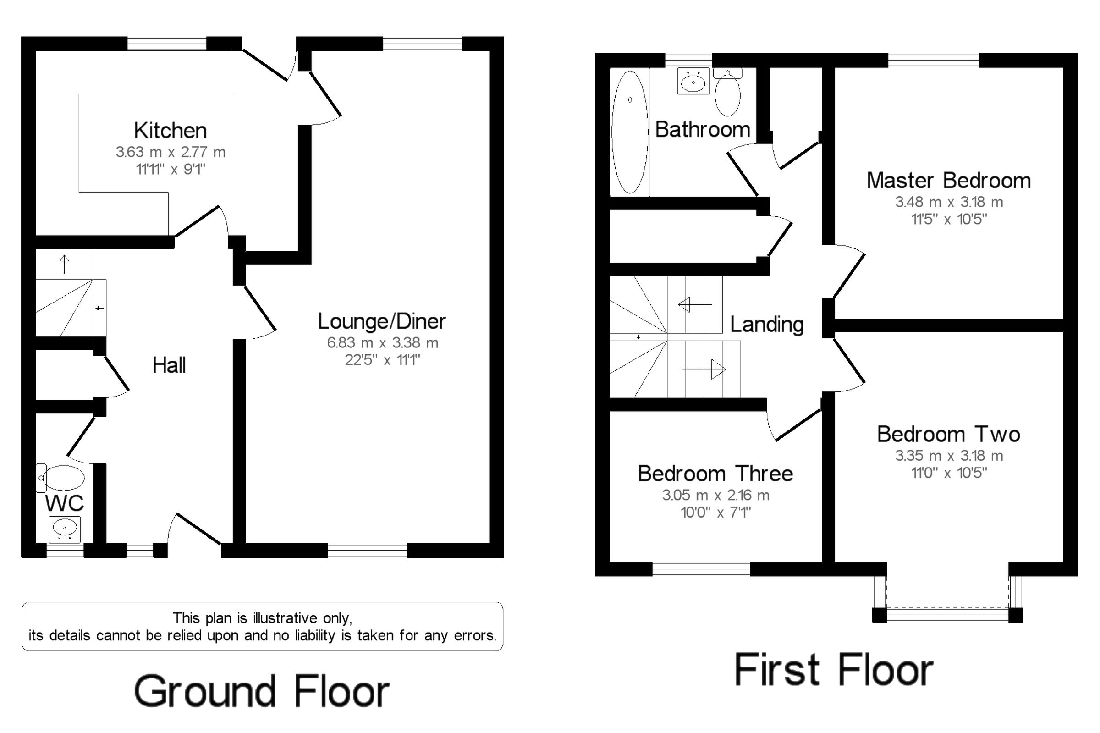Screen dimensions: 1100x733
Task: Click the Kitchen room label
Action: pos(170,131)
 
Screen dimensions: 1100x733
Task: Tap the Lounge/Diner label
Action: pos(382,321)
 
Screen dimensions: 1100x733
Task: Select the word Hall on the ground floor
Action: pos(169,365)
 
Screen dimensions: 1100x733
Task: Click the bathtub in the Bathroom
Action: pos(630,132)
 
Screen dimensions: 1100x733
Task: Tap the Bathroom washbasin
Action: pos(693,81)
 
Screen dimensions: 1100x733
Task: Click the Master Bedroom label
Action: pos(949,181)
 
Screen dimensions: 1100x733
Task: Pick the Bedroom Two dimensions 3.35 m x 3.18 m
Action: pos(949,455)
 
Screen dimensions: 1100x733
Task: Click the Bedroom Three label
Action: pos(715,474)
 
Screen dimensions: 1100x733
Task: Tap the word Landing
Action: pos(767,325)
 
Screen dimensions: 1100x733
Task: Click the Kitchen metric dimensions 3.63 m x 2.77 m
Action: pos(170,152)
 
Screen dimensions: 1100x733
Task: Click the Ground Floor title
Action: pos(262,691)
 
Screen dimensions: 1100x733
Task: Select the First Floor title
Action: pos(834,670)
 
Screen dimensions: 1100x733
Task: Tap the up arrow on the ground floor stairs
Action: pos(65,264)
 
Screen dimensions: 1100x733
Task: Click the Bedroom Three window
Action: pos(701,569)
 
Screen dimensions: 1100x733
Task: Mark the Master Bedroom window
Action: pos(934,60)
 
